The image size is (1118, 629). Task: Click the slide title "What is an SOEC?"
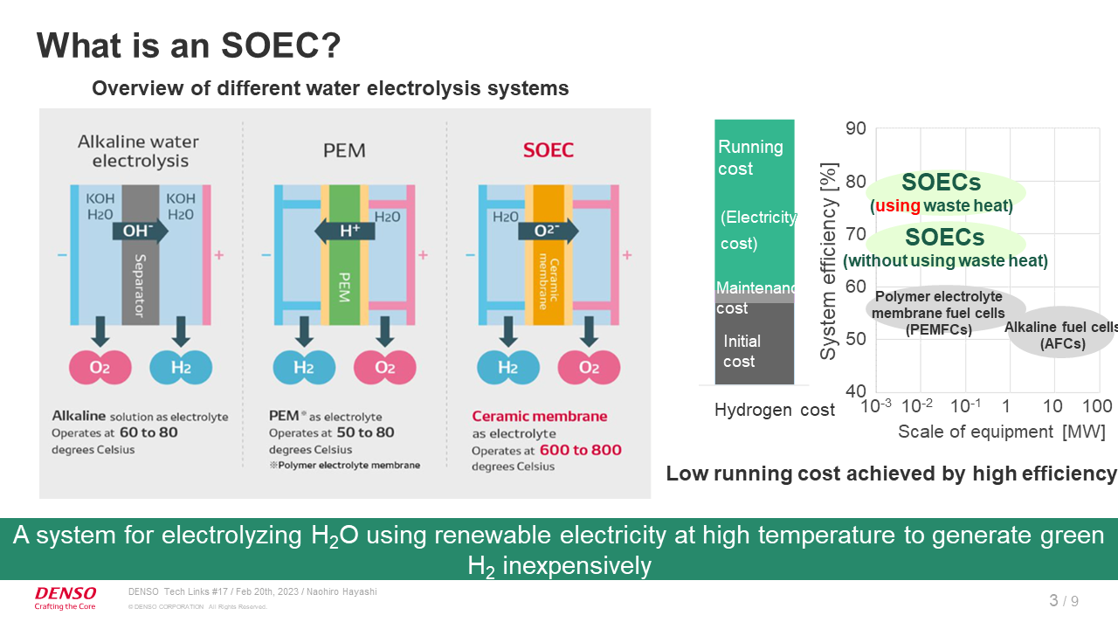188,45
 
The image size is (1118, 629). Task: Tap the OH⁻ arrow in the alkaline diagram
135,231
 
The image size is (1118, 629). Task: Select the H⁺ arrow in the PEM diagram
344,231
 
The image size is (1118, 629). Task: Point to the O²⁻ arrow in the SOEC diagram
548,231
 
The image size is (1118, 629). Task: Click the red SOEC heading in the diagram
549,150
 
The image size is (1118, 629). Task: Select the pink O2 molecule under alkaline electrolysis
100,367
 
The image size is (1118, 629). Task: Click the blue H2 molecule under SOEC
507,367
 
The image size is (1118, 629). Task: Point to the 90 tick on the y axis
856,129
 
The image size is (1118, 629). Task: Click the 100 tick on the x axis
1096,406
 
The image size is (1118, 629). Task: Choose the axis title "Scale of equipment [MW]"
1001,432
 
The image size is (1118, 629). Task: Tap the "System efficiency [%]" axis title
830,260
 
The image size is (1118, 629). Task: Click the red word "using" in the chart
897,206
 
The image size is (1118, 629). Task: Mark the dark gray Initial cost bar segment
754,344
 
